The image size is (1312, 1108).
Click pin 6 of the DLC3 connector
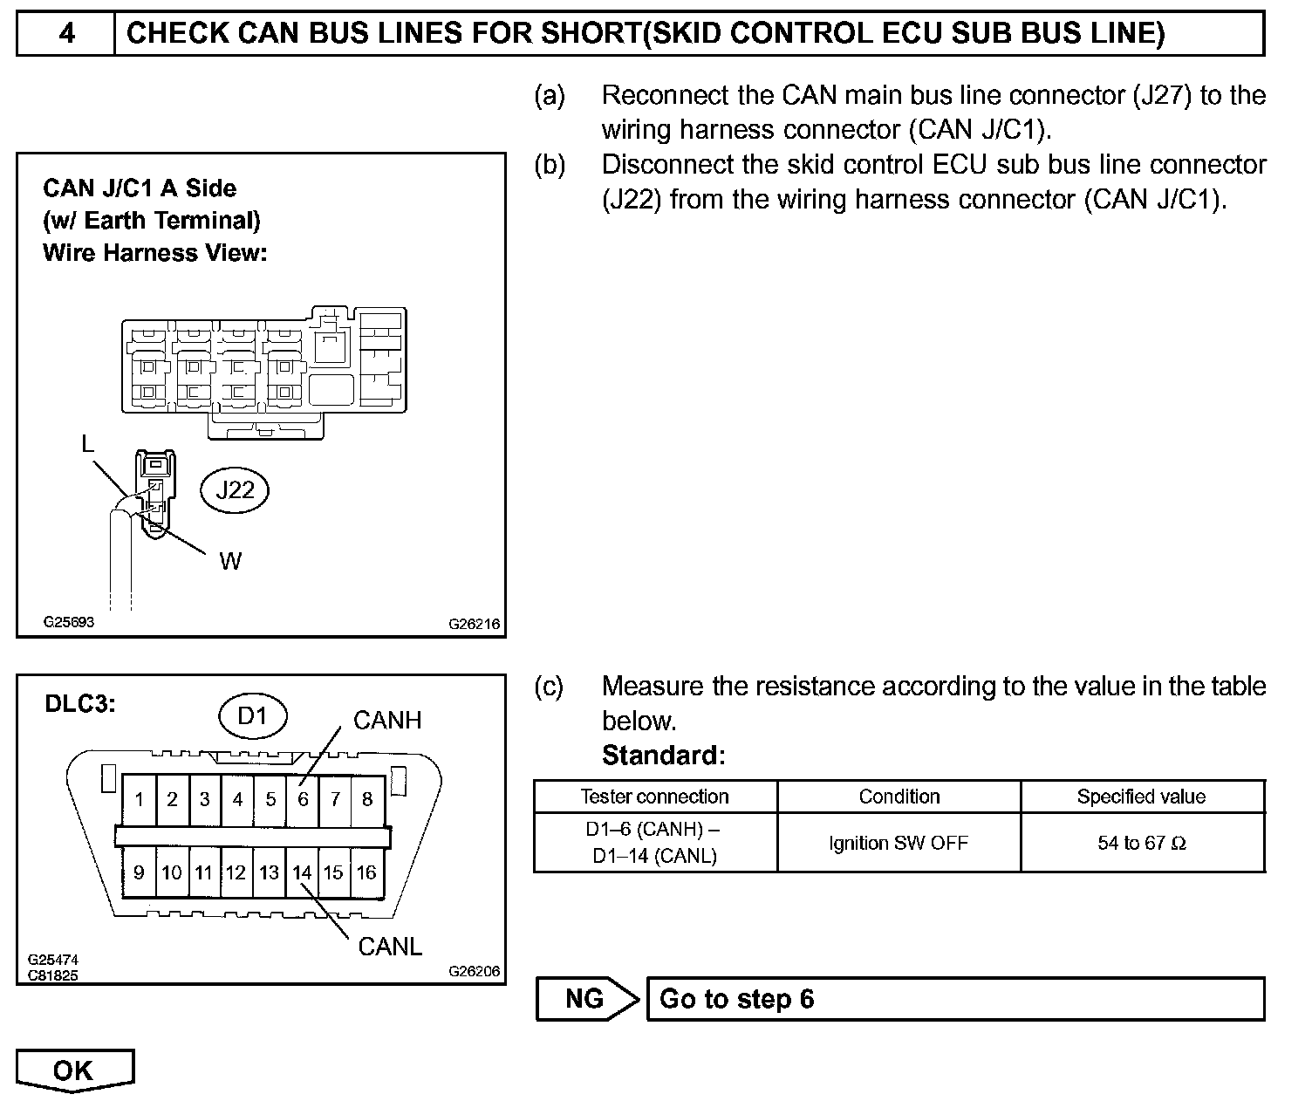coord(303,799)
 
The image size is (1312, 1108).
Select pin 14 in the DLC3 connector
coord(302,872)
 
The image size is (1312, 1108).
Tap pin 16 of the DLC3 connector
coord(366,872)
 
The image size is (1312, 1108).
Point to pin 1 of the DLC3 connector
coord(140,799)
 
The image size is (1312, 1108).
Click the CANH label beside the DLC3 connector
coord(387,720)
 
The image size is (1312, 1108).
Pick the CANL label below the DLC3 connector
coord(390,947)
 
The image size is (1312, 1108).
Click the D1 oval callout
coord(252,716)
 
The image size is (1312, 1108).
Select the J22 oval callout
coord(235,489)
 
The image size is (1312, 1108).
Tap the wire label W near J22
coord(230,561)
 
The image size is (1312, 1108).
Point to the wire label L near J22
coord(87,444)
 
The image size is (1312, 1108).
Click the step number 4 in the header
coord(66,34)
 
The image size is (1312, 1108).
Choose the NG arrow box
coord(586,999)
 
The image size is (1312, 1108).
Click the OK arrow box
coord(74,1070)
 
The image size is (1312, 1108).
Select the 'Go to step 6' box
coord(954,999)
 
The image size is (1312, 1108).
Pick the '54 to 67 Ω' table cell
coord(1142,843)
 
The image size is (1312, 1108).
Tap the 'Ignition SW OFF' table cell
coord(899,843)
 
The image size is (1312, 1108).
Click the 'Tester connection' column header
coord(654,797)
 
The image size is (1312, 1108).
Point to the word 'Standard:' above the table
coord(663,755)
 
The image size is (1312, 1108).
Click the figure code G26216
coord(475,624)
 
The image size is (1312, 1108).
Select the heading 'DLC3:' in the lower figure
coord(80,704)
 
